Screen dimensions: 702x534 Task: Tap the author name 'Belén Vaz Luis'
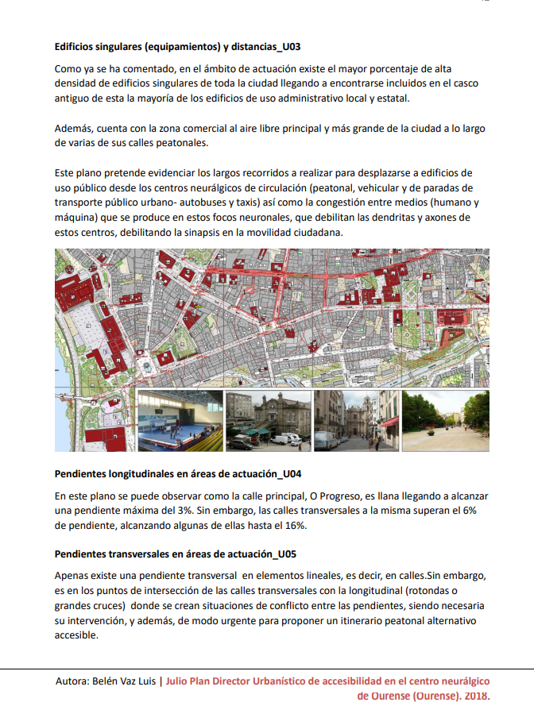[122, 681]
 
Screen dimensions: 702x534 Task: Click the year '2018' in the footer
[476, 696]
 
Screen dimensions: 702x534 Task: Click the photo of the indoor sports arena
[180, 421]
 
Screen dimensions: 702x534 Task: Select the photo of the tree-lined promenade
[445, 421]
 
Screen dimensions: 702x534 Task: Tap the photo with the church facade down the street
[356, 421]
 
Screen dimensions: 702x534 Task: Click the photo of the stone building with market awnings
[268, 421]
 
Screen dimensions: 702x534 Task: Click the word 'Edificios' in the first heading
[76, 47]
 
